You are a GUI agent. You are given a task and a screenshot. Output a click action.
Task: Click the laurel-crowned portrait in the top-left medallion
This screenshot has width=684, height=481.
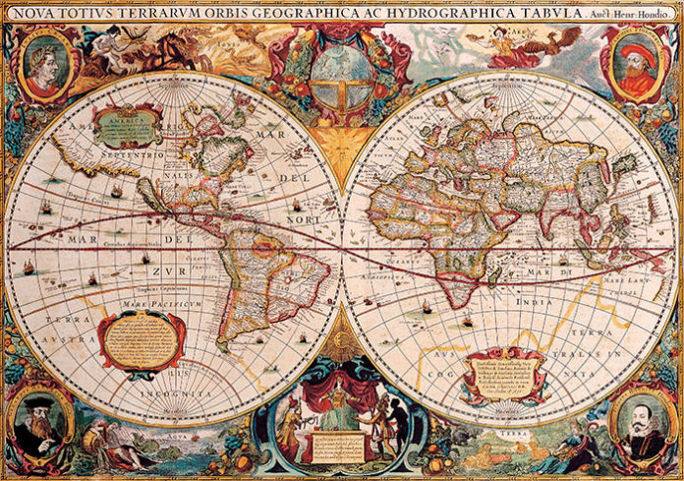point(44,63)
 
